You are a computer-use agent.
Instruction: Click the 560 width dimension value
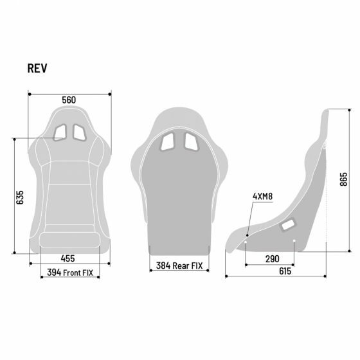click(69, 100)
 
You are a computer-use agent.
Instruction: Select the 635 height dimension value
click(20, 197)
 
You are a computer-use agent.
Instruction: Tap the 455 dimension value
click(68, 258)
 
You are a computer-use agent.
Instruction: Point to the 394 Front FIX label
click(70, 273)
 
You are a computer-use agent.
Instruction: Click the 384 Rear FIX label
click(179, 264)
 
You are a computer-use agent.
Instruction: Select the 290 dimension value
click(271, 258)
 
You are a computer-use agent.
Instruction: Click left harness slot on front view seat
click(60, 132)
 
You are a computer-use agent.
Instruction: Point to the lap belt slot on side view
click(288, 224)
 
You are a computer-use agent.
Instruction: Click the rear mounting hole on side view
click(294, 242)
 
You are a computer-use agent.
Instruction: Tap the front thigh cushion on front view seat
click(70, 241)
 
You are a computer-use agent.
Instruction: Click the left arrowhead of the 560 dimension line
click(30, 94)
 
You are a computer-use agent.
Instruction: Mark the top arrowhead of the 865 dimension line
click(327, 111)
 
